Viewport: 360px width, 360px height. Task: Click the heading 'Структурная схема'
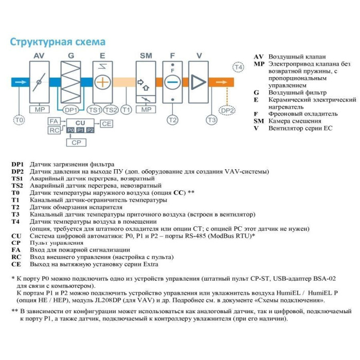58,42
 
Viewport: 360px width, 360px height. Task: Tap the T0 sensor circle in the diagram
19,120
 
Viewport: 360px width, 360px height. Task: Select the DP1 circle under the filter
70,110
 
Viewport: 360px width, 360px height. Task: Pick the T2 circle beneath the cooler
172,120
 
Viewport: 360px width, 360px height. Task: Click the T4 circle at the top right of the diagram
238,68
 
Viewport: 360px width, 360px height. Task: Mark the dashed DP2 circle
227,110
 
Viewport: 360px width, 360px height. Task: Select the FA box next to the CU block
53,121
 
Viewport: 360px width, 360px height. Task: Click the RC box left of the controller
53,130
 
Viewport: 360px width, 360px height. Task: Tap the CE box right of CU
106,123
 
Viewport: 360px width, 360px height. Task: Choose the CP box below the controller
76,142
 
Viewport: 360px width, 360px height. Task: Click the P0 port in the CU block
70,131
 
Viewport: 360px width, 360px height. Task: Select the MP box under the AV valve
40,109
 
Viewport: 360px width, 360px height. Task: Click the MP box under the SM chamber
147,109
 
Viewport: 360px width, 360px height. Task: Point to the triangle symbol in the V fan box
197,82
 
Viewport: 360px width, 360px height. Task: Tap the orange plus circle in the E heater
102,82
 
